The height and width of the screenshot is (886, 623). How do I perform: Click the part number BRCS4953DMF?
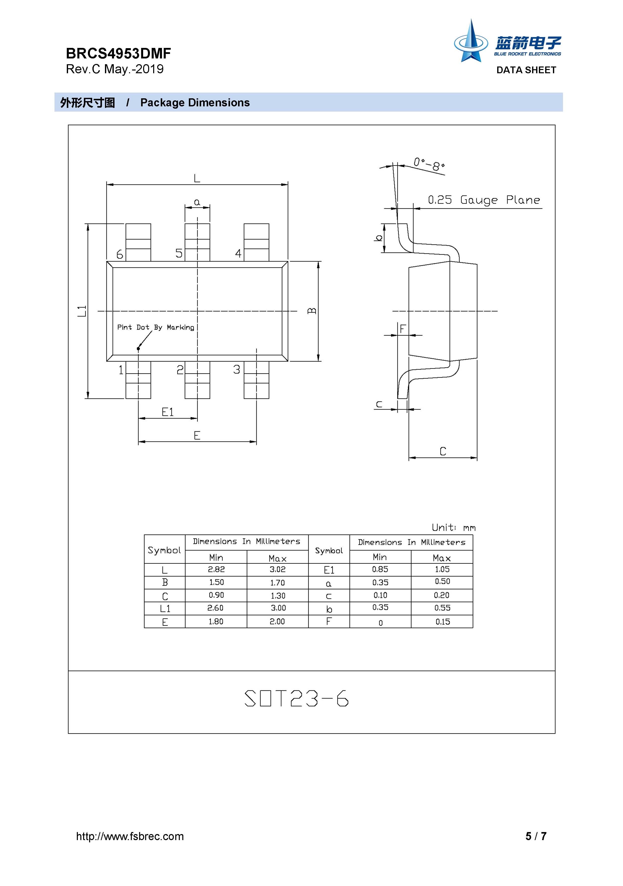(118, 53)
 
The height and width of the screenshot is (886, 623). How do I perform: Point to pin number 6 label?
(120, 254)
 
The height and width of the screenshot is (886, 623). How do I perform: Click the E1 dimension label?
(168, 412)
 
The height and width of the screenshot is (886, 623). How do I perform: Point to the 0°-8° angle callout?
(429, 164)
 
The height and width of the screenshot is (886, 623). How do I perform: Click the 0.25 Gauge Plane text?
(484, 200)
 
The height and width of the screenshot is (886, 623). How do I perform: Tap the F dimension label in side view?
(403, 329)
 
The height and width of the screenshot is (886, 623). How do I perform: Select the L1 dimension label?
(82, 311)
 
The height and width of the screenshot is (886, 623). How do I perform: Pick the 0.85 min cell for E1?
(380, 569)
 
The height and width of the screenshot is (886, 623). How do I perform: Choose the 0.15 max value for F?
(442, 622)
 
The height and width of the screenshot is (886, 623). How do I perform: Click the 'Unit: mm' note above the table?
(454, 528)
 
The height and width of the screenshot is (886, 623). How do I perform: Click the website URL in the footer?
(130, 836)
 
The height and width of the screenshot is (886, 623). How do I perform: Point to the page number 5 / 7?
(536, 836)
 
